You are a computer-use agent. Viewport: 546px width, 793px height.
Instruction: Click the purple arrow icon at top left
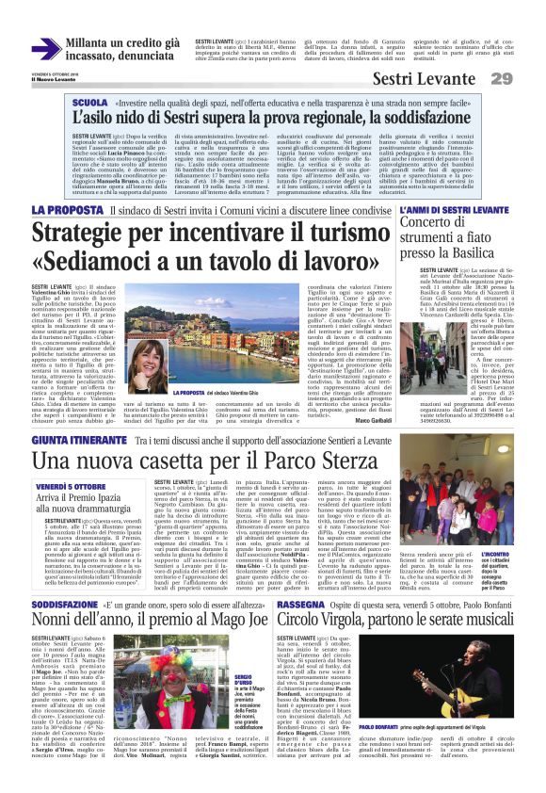point(46,49)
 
